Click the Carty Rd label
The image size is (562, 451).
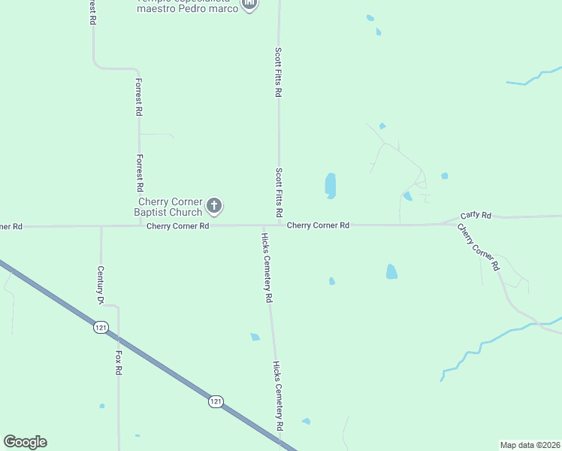click(476, 216)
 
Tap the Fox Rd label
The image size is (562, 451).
click(119, 362)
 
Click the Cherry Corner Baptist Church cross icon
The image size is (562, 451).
click(214, 205)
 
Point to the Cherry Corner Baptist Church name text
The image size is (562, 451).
click(168, 207)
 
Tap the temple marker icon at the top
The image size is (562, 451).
click(249, 5)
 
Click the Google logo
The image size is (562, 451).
click(25, 442)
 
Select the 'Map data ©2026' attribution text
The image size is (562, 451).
click(530, 444)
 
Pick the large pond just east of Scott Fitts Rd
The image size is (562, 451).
click(330, 185)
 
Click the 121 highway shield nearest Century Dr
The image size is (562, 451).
click(100, 327)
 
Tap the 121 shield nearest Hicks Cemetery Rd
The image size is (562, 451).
click(216, 401)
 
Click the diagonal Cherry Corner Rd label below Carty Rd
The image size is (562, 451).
click(478, 247)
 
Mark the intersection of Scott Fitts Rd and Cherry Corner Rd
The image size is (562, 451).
click(279, 224)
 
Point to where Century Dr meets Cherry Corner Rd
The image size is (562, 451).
click(101, 225)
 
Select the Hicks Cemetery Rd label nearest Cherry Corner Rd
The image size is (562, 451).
click(266, 267)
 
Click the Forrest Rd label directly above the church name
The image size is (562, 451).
click(140, 174)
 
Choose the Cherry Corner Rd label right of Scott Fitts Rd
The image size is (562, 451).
click(319, 225)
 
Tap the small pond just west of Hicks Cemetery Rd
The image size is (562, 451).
click(255, 337)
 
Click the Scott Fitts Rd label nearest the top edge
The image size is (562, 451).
click(278, 72)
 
